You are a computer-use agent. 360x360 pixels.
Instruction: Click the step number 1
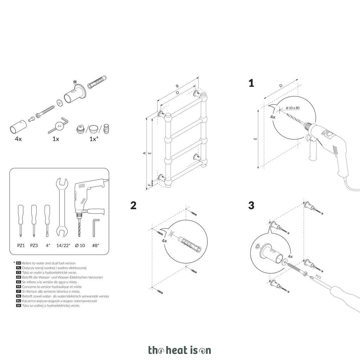[251, 83]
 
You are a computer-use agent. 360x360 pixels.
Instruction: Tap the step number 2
[133, 205]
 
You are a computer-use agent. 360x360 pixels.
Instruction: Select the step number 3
[251, 205]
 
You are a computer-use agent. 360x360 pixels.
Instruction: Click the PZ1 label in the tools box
[21, 245]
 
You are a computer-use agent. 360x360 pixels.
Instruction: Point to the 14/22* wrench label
[63, 245]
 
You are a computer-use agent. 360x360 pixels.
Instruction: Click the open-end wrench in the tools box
[62, 207]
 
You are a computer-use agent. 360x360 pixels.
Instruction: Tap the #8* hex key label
[96, 245]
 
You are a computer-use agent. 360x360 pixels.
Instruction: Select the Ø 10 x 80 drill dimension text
[293, 108]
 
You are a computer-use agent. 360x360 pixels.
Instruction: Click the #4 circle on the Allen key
[59, 126]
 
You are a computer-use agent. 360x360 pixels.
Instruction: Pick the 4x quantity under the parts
[18, 139]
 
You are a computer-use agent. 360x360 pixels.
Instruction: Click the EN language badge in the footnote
[19, 263]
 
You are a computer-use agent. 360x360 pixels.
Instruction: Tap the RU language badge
[19, 301]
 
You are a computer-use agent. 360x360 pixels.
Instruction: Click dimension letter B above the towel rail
[177, 86]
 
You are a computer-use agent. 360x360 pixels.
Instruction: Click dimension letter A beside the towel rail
[144, 153]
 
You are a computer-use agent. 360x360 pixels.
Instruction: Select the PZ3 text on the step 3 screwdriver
[318, 277]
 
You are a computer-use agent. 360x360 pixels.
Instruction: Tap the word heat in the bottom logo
[177, 350]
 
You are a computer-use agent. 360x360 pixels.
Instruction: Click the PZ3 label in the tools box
[34, 245]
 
